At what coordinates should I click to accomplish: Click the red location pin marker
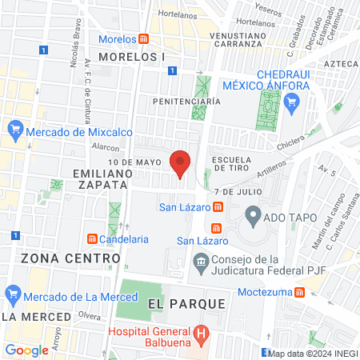pyautogui.click(x=180, y=162)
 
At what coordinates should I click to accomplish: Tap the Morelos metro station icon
pyautogui.click(x=143, y=39)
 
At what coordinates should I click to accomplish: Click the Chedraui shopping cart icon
pyautogui.click(x=291, y=101)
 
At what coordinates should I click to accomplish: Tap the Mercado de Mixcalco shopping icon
pyautogui.click(x=14, y=128)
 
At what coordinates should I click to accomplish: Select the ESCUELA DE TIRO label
pyautogui.click(x=232, y=164)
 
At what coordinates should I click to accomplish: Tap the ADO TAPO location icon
pyautogui.click(x=253, y=214)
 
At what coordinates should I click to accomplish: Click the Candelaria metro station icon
pyautogui.click(x=93, y=238)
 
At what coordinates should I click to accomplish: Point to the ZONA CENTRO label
pyautogui.click(x=59, y=258)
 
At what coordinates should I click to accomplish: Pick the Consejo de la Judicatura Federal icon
pyautogui.click(x=200, y=261)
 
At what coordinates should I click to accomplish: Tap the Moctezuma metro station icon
pyautogui.click(x=298, y=292)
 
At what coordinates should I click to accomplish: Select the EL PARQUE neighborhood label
pyautogui.click(x=181, y=305)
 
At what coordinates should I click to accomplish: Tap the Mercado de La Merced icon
pyautogui.click(x=11, y=294)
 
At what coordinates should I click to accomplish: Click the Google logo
pyautogui.click(x=26, y=350)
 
